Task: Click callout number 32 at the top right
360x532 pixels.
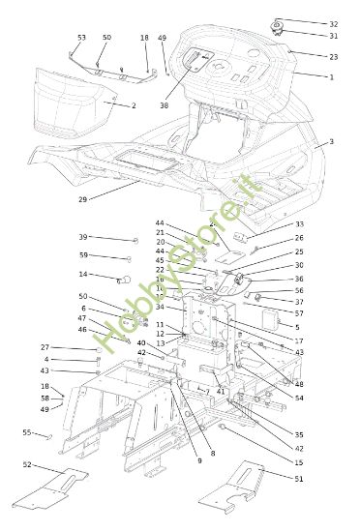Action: pos(334,24)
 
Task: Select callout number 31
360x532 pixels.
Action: pos(334,36)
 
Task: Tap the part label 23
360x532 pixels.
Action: pos(334,57)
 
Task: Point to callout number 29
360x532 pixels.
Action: pos(82,199)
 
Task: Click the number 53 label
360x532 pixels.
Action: pos(81,38)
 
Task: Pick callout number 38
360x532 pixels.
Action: pos(165,105)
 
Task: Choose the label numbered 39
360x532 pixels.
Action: pos(83,237)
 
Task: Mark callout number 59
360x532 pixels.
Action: pos(83,255)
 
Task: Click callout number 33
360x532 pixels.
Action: pos(299,224)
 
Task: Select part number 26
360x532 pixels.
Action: pos(299,238)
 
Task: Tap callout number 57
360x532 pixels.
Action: pos(299,313)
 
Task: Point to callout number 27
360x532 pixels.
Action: pos(45,347)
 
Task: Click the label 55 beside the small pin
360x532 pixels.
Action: pos(26,432)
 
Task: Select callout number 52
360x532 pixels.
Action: pos(26,465)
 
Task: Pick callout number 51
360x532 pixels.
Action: pos(299,478)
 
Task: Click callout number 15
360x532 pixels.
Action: pos(299,462)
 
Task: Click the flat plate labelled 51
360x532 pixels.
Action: pos(237,489)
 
